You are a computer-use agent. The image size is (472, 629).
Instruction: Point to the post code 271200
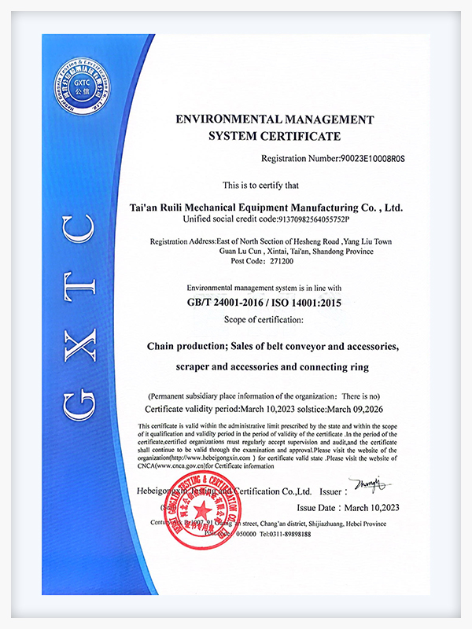(x=263, y=262)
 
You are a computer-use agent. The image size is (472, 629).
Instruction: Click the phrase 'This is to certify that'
(x=260, y=186)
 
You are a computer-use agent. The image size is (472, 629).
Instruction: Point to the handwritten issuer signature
(x=367, y=482)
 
